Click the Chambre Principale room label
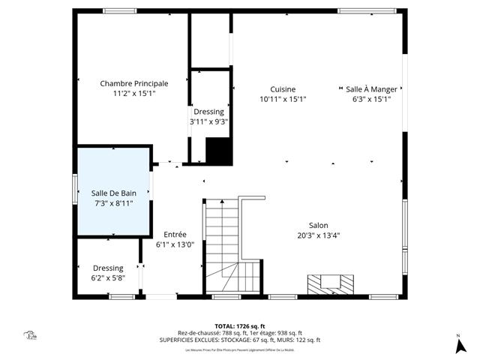(x=134, y=83)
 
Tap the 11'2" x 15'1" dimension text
(x=134, y=94)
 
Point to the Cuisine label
(x=283, y=88)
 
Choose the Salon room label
(x=318, y=225)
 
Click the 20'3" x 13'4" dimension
(x=318, y=235)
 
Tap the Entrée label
(x=175, y=234)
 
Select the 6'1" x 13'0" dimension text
(x=175, y=244)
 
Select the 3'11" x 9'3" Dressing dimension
(x=208, y=121)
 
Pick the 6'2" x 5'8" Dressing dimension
(x=108, y=278)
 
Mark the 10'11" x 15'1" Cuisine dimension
(x=283, y=99)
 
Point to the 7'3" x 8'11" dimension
(x=112, y=203)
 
